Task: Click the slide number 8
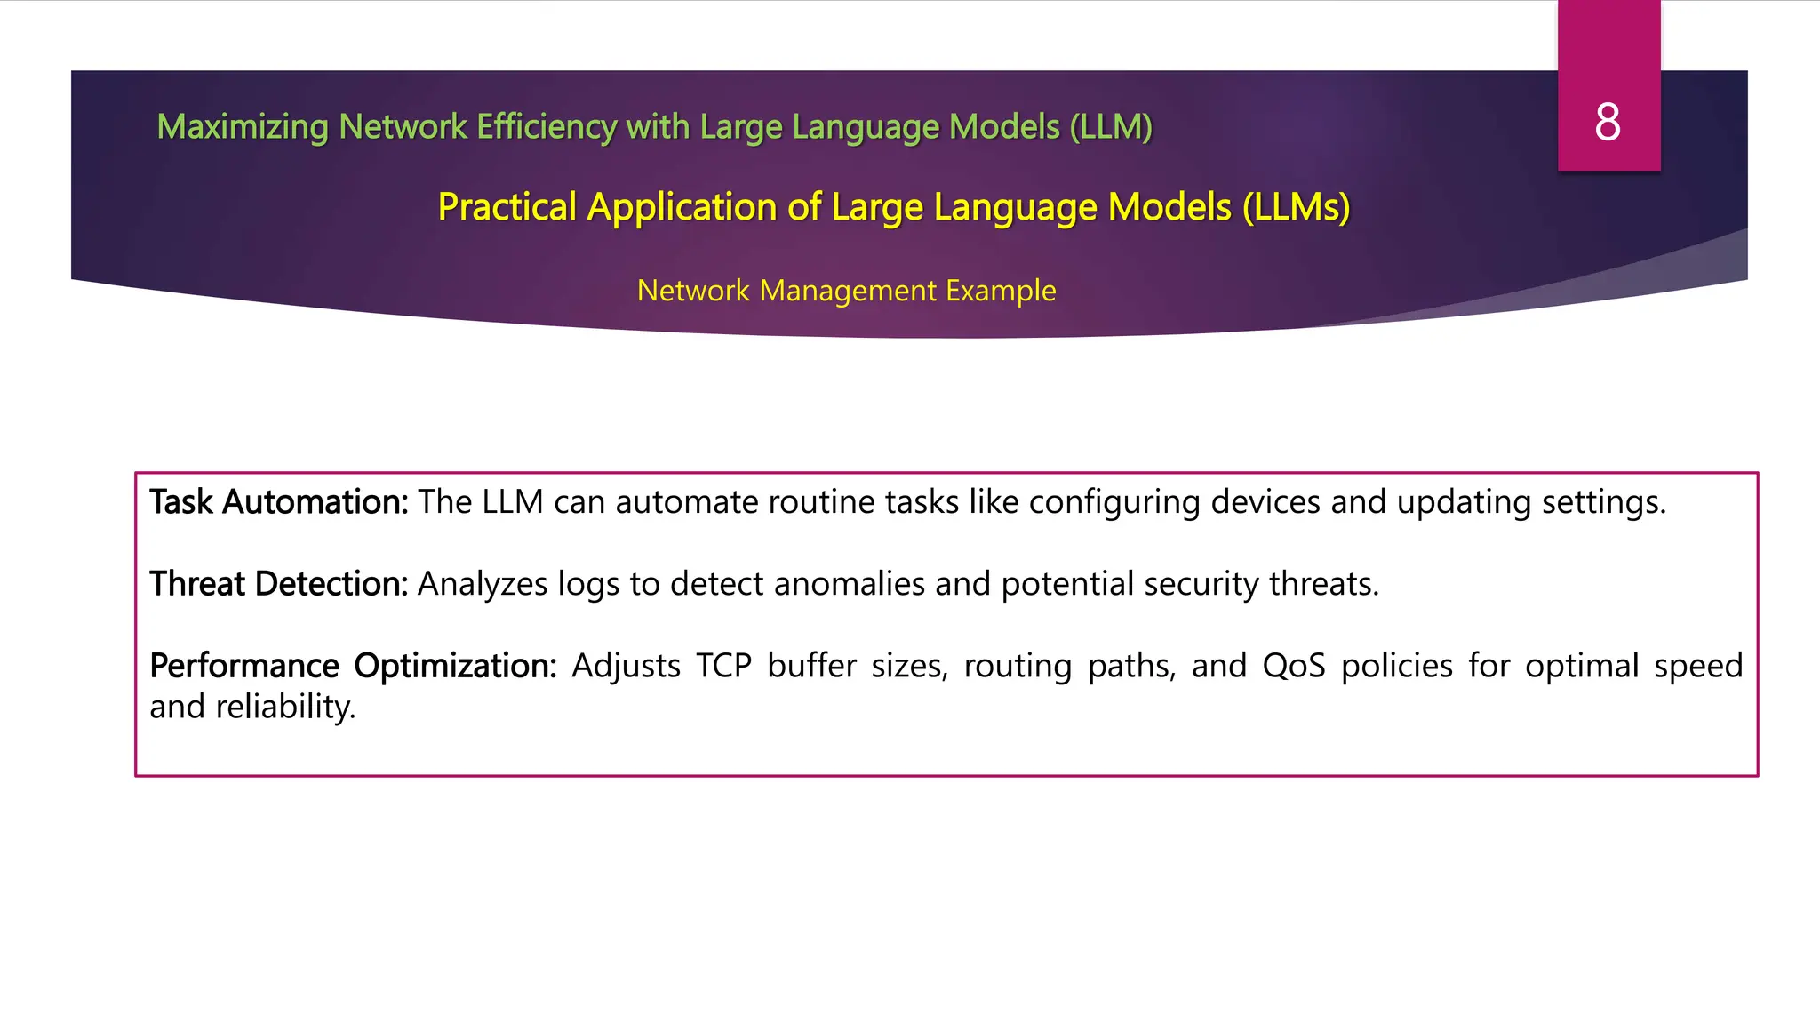[1608, 122]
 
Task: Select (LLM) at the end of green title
[1111, 127]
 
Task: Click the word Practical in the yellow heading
[507, 207]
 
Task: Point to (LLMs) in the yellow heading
[1296, 207]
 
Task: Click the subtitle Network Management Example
[846, 291]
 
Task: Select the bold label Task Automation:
[278, 502]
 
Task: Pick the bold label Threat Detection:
[278, 584]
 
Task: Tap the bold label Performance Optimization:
[353, 666]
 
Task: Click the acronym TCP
[723, 666]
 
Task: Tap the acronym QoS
[1294, 666]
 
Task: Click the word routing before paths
[1018, 667]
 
